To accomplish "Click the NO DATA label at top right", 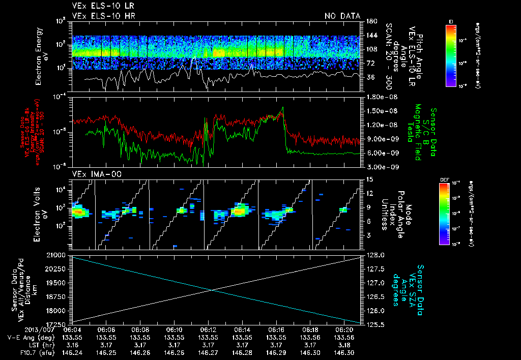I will click(x=342, y=16).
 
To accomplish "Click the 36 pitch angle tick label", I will click(x=370, y=77).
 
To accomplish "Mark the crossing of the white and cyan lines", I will click(x=212, y=290).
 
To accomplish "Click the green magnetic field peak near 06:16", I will click(x=283, y=108).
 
